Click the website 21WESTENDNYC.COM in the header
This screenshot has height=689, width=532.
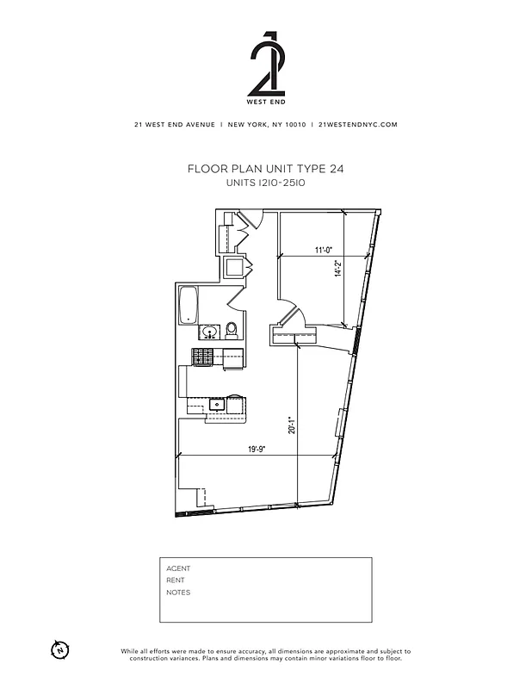357,124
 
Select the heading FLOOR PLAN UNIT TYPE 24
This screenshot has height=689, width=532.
265,170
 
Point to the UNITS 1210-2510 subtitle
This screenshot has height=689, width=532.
265,183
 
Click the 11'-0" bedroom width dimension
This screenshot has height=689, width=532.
324,251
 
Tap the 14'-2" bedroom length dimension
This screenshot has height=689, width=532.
339,269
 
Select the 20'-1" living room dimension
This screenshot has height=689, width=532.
293,425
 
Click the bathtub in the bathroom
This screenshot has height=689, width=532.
189,307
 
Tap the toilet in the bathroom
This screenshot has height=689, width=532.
231,330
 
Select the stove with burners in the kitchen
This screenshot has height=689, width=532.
203,357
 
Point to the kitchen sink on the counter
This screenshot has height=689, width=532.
215,403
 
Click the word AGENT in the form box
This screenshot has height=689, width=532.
178,568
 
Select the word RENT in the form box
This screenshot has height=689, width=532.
176,580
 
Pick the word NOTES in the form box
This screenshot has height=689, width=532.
178,593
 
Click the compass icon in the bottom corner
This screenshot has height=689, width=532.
59,649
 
